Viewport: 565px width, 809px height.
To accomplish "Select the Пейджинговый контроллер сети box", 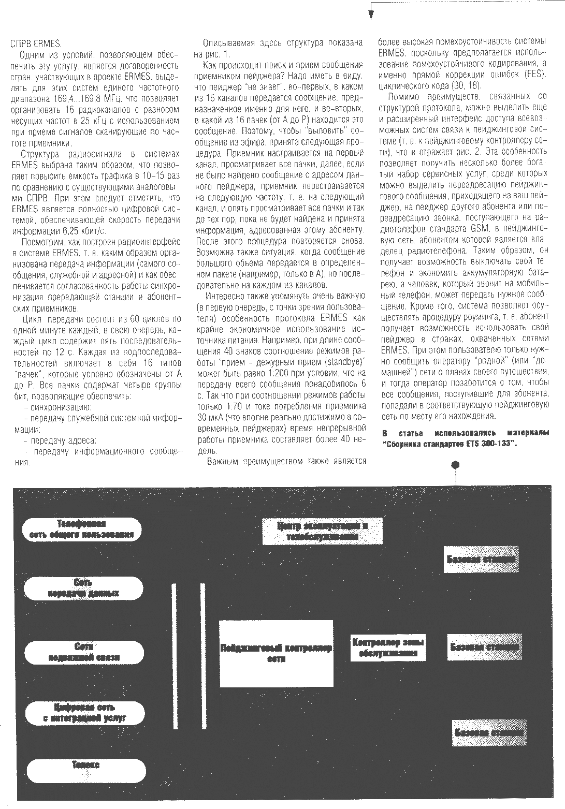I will pyautogui.click(x=276, y=653).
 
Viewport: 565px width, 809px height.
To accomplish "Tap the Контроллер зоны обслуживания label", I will pyautogui.click(x=388, y=648).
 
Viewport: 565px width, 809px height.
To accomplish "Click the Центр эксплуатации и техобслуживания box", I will pyautogui.click(x=322, y=531).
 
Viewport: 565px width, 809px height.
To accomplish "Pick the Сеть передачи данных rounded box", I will pyautogui.click(x=84, y=588).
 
